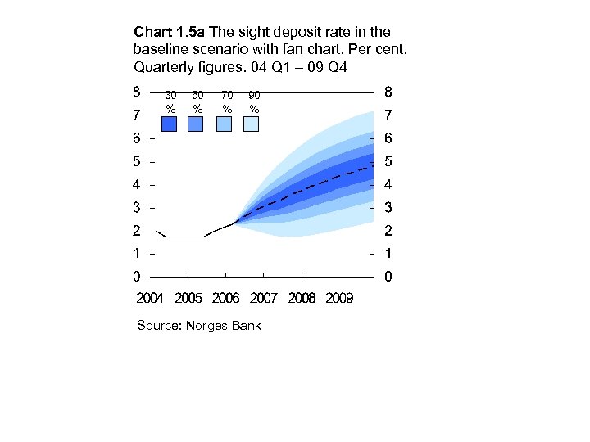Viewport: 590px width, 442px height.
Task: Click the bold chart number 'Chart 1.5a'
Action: click(170, 33)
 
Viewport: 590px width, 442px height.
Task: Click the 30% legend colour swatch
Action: click(170, 124)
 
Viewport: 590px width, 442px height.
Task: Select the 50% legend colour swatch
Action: click(196, 124)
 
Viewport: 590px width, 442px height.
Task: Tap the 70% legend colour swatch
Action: click(224, 124)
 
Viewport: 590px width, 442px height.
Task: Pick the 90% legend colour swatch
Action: click(251, 124)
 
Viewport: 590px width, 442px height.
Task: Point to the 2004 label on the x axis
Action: click(150, 298)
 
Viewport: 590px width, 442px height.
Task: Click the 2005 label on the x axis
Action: click(188, 298)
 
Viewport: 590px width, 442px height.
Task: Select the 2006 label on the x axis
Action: click(226, 298)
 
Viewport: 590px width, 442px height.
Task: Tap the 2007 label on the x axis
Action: click(264, 298)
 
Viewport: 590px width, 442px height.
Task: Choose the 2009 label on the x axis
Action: click(339, 298)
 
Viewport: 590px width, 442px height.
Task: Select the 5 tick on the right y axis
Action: click(388, 160)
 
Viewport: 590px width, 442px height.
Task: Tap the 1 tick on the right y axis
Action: click(388, 253)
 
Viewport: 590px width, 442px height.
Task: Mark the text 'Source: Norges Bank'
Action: click(199, 326)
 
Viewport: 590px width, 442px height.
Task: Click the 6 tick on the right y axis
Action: click(388, 138)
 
